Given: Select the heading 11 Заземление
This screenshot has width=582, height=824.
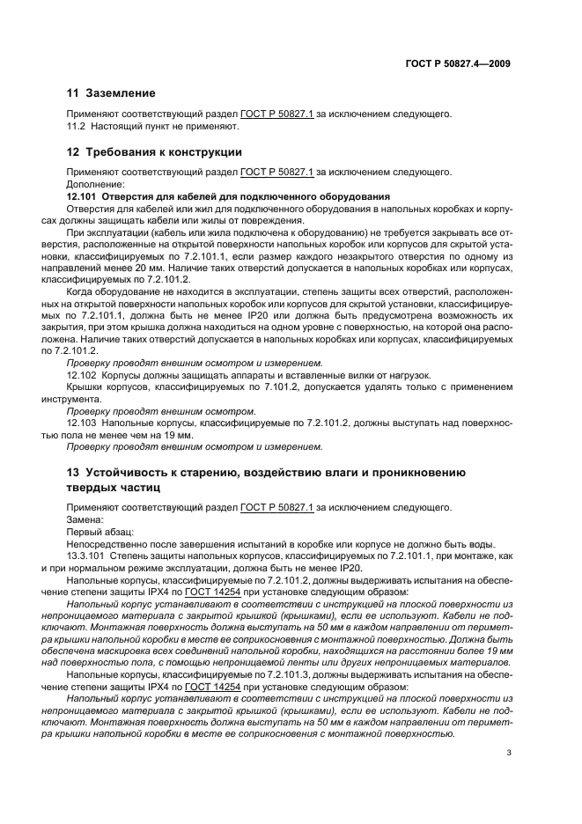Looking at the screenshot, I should (112, 92).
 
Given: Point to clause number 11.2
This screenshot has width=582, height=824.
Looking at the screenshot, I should (79, 126).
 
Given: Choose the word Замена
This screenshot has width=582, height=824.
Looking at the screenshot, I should (85, 519).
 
